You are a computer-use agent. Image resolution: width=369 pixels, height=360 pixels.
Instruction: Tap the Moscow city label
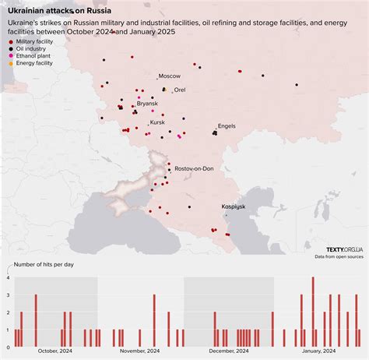pyautogui.click(x=169, y=76)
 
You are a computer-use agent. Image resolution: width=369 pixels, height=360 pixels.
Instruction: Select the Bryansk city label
pyautogui.click(x=147, y=104)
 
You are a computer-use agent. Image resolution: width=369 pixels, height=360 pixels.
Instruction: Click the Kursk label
pyautogui.click(x=158, y=122)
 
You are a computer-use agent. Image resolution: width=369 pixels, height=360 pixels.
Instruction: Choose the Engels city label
pyautogui.click(x=227, y=125)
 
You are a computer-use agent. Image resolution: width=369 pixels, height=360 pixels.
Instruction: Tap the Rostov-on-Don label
pyautogui.click(x=194, y=168)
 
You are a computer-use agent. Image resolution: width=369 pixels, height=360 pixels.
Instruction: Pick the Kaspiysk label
pyautogui.click(x=234, y=206)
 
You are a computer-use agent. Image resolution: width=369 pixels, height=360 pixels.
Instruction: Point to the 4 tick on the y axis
pyautogui.click(x=8, y=277)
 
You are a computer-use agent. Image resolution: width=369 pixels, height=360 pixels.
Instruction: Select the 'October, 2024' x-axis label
pyautogui.click(x=54, y=351)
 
